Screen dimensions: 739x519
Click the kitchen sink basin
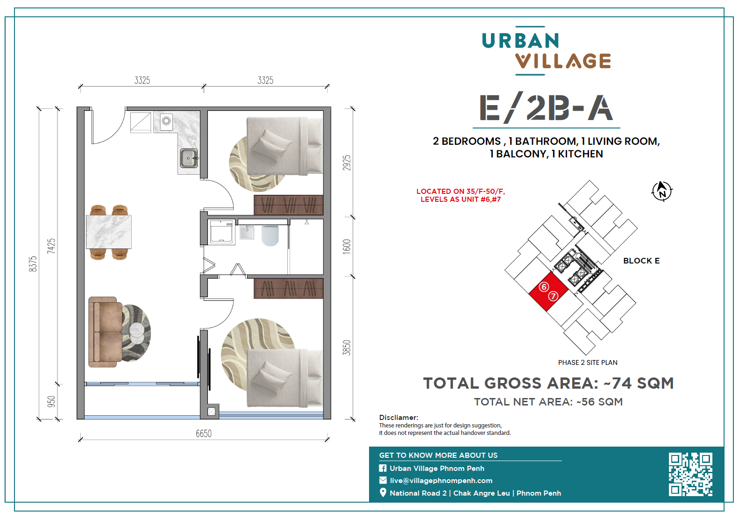pos(188,158)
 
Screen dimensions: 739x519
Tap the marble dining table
pos(108,232)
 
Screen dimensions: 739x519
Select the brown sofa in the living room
pos(105,332)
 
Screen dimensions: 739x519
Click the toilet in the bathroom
pos(270,235)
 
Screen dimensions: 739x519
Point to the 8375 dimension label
pos(33,264)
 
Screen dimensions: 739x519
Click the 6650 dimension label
pos(204,433)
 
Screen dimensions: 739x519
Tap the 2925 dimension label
pos(347,163)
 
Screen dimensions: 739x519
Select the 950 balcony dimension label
pos(51,402)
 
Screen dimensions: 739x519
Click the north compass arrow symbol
pos(662,191)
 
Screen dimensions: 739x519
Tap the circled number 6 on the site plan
pos(544,287)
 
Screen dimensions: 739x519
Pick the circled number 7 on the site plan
pos(553,296)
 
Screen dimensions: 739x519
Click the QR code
pos(690,475)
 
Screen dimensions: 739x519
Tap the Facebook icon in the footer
pos(383,468)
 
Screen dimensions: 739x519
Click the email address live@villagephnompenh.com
pos(441,481)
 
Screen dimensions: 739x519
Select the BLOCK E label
pos(641,261)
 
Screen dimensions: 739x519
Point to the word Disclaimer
pos(398,417)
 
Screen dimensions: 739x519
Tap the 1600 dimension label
pos(347,247)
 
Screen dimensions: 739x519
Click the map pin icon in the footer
pos(383,492)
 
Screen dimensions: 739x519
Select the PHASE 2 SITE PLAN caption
pos(588,363)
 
